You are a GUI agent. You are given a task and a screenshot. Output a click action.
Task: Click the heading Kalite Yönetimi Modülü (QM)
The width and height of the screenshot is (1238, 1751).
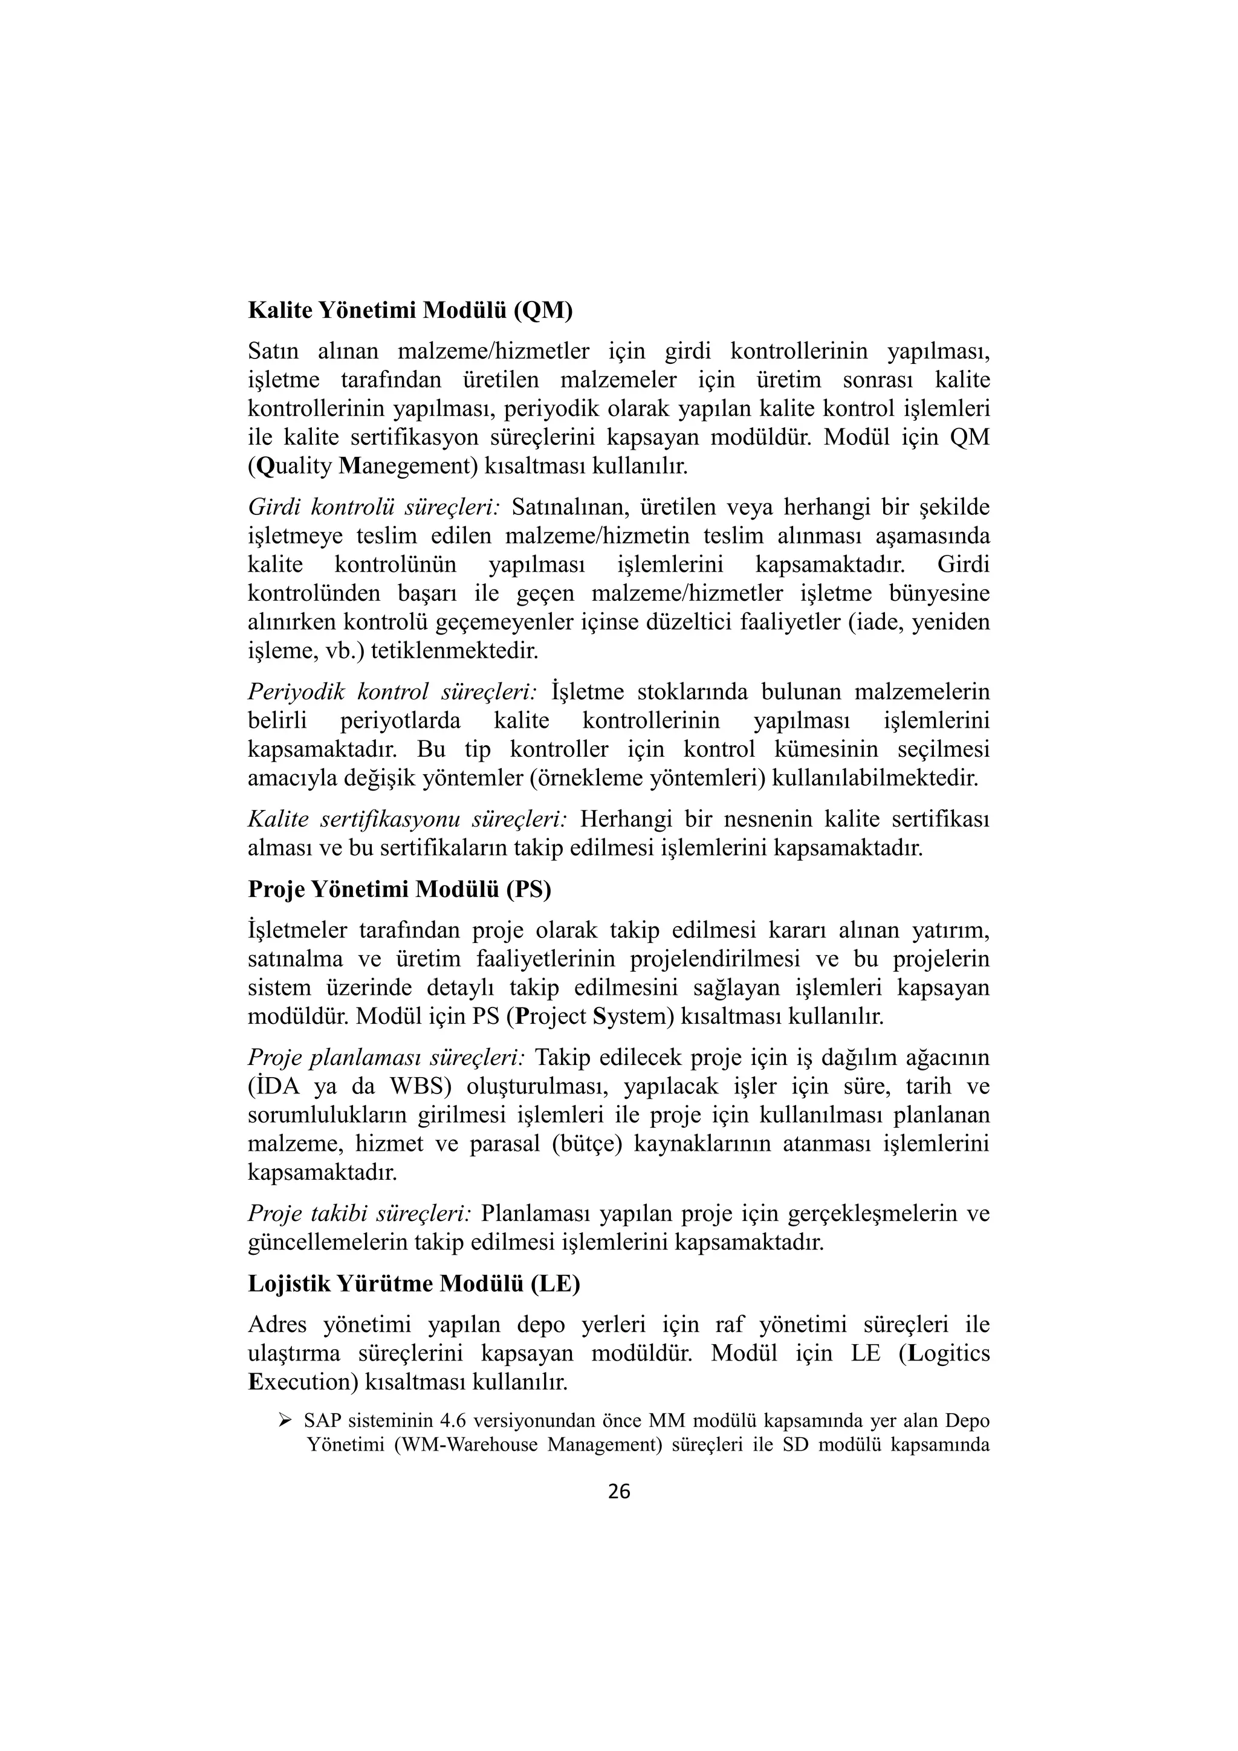tap(410, 311)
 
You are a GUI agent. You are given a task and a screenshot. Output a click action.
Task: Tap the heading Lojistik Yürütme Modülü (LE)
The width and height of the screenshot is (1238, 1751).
tap(414, 1284)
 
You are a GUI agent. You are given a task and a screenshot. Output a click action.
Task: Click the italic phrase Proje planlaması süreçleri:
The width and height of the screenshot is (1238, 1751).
tap(386, 1058)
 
